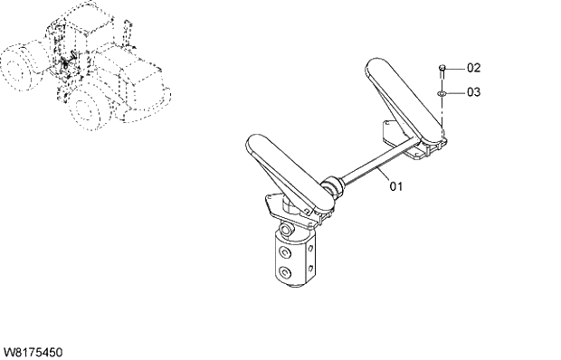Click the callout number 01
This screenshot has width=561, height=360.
[395, 186]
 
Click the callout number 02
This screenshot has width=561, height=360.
[474, 68]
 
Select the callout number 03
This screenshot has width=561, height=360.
[474, 91]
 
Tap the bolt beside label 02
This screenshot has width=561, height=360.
[441, 69]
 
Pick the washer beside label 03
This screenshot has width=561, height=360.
[441, 92]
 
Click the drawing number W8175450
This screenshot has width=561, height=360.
[33, 350]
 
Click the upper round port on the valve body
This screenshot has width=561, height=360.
[285, 251]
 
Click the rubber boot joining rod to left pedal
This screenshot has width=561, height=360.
[333, 187]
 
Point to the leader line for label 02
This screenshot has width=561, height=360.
[456, 68]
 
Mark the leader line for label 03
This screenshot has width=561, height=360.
[456, 91]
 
